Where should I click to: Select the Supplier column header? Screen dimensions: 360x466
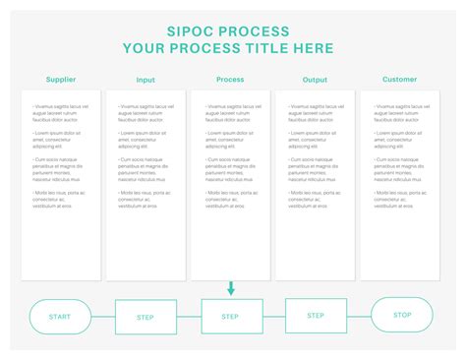click(x=61, y=80)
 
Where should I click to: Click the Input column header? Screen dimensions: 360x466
click(x=146, y=81)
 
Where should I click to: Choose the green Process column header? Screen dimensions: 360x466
click(x=230, y=80)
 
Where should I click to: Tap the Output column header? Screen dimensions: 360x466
click(x=315, y=81)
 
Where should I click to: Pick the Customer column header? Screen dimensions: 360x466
click(x=399, y=80)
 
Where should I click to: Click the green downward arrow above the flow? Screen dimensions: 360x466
click(x=232, y=288)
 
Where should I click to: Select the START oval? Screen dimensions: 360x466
click(x=60, y=317)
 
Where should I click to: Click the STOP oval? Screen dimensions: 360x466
click(x=401, y=315)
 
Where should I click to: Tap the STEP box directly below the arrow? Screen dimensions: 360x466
click(x=231, y=317)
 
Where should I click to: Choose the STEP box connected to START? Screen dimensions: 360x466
click(x=146, y=317)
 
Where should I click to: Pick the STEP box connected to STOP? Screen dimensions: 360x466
click(x=316, y=316)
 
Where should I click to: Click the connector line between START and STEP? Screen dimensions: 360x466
click(x=103, y=317)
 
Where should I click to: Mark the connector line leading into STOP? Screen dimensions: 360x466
click(x=359, y=316)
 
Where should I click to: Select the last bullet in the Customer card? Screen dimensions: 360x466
click(x=399, y=199)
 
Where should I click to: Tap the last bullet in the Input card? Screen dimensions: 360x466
click(x=146, y=199)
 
